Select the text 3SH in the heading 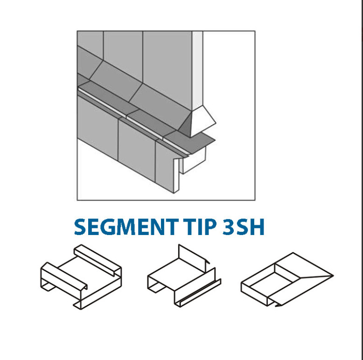pyautogui.click(x=243, y=227)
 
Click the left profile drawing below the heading pyautogui.click(x=81, y=277)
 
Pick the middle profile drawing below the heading pyautogui.click(x=184, y=276)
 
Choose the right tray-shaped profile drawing pyautogui.click(x=287, y=279)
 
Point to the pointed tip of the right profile pyautogui.click(x=333, y=276)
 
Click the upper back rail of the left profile pyautogui.click(x=98, y=260)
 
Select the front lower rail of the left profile pyautogui.click(x=63, y=277)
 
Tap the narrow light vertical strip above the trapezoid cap pyautogui.click(x=197, y=70)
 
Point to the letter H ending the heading pyautogui.click(x=257, y=227)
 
